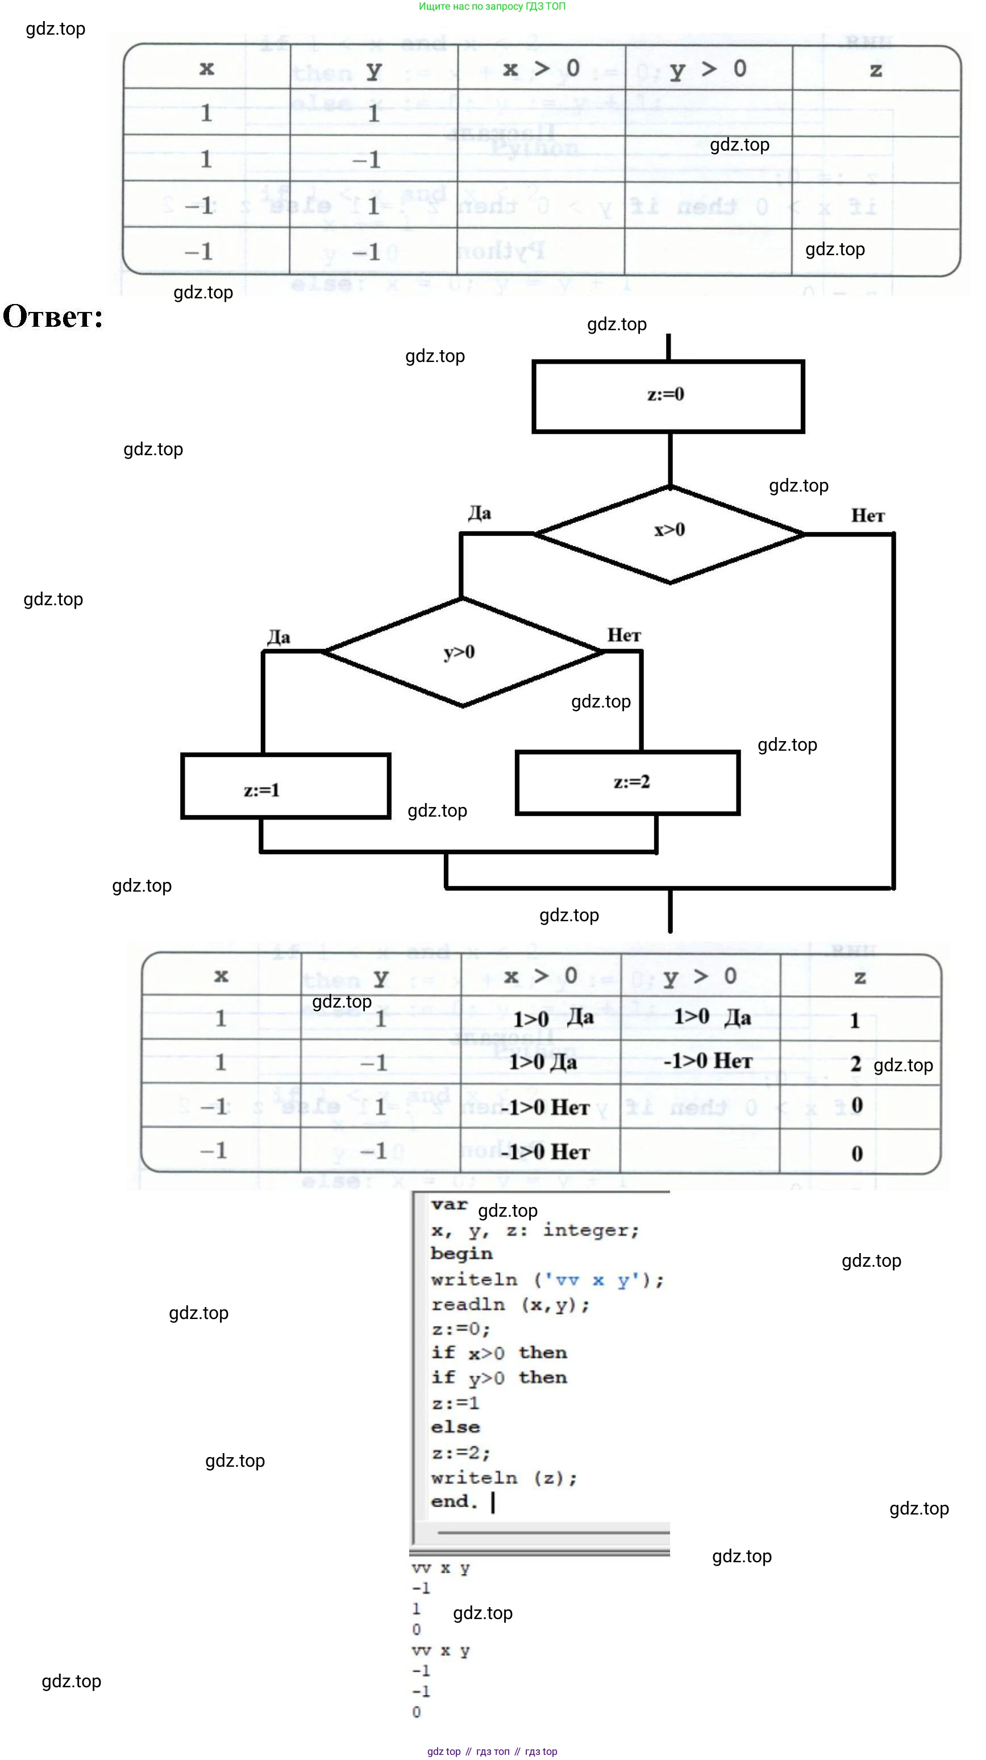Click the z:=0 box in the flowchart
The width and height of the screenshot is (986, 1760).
click(668, 396)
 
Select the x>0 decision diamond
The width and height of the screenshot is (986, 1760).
click(669, 533)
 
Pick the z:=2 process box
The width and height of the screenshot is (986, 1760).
click(628, 783)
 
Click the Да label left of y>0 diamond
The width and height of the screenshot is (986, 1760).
click(278, 638)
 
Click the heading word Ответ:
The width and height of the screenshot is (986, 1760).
click(53, 318)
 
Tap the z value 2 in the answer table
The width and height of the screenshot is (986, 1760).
click(855, 1064)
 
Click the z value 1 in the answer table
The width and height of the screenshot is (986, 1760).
click(855, 1020)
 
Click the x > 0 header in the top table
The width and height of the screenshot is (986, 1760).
click(541, 68)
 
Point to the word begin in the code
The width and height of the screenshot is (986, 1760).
click(461, 1254)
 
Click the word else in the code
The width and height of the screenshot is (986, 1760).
click(455, 1428)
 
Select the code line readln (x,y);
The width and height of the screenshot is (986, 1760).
click(510, 1304)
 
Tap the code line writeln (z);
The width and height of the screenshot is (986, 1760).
click(504, 1478)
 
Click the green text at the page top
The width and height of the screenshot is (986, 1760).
click(492, 6)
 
